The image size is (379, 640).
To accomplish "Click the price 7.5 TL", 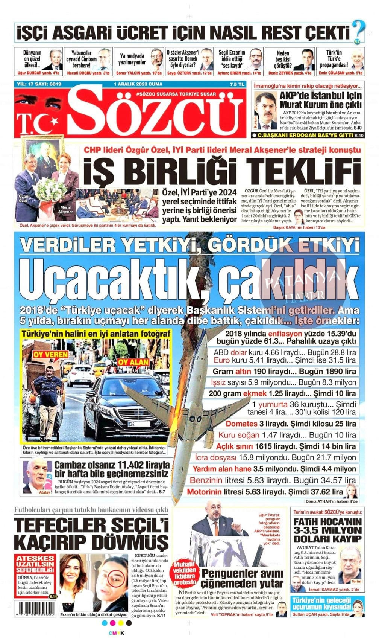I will click(236, 84).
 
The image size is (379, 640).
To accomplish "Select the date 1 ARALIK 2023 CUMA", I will click(138, 84).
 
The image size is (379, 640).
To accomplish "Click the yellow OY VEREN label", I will click(51, 354).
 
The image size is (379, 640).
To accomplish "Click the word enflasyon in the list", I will click(285, 334).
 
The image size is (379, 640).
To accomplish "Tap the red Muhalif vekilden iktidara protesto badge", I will click(185, 573).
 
